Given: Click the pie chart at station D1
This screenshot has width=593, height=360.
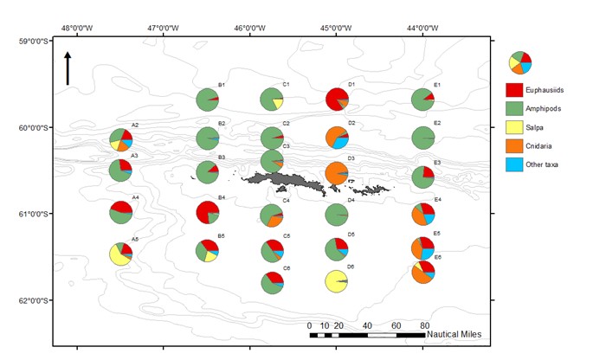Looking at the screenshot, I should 337,100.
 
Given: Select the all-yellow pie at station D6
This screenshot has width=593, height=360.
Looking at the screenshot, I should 337,282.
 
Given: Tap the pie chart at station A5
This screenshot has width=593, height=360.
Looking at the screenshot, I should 121,254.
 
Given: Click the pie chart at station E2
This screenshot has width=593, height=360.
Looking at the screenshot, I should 422,138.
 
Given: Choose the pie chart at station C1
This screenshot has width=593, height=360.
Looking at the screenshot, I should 272,100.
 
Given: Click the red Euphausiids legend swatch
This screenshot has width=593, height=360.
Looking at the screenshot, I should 517,90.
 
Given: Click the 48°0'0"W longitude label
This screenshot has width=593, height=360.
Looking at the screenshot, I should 78,27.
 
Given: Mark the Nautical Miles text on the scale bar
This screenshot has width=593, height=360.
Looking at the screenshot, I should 454,334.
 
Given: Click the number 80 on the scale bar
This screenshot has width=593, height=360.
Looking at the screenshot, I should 424,325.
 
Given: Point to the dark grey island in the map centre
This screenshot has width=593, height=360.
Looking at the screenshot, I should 277,181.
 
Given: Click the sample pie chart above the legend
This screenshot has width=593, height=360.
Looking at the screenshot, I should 521,62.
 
